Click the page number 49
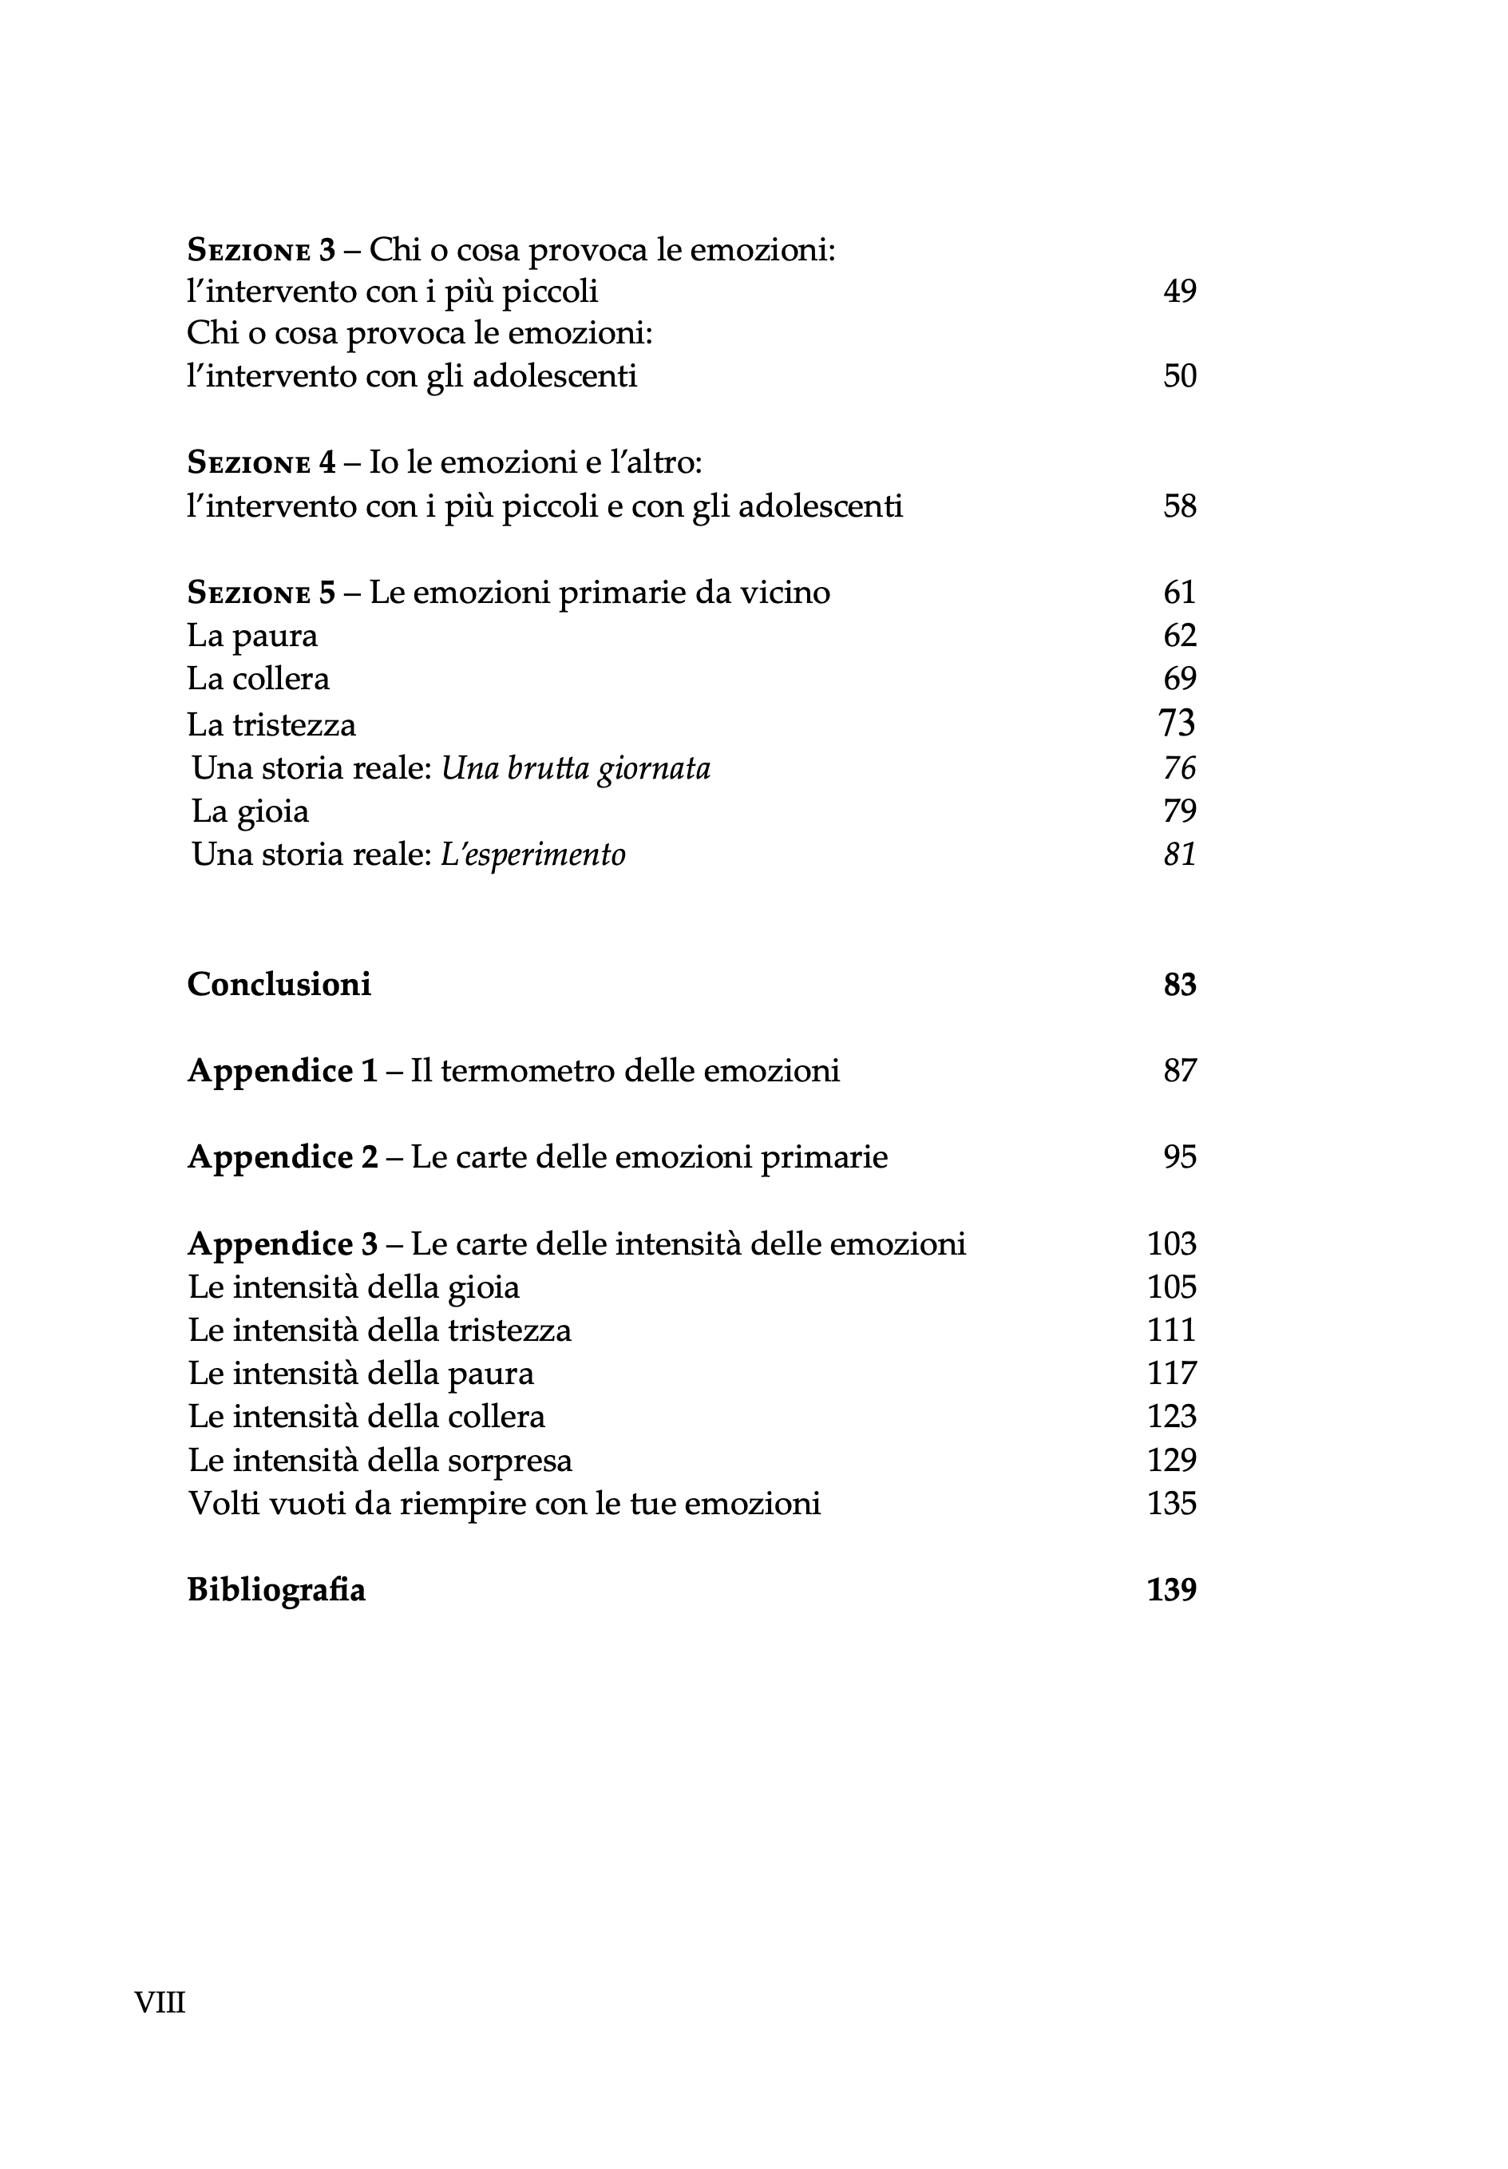pos(1179,291)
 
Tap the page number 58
pos(1179,506)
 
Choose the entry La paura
pos(252,636)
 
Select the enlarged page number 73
pos(1177,723)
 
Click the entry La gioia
pos(250,811)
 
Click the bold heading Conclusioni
pos(279,985)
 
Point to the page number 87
pos(1179,1071)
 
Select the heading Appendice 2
pos(283,1157)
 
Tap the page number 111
pos(1171,1330)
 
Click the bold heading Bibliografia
pos(275,1590)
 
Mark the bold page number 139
pos(1171,1590)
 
